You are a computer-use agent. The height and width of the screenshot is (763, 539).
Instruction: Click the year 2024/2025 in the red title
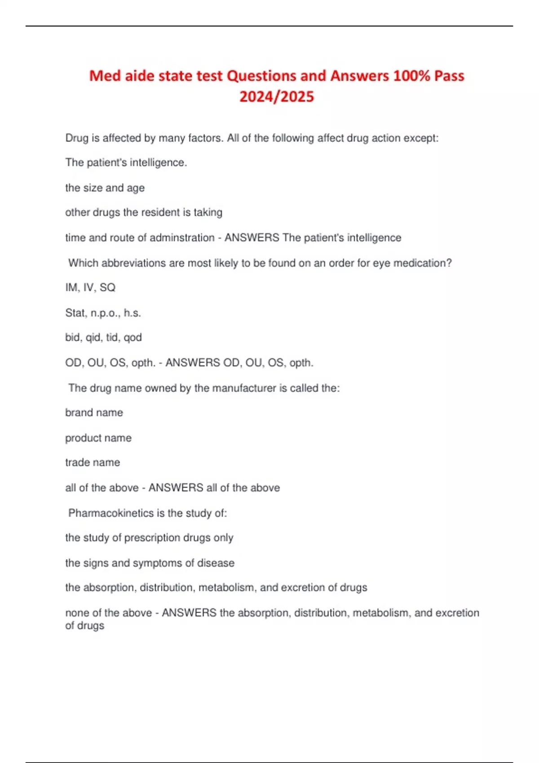point(277,96)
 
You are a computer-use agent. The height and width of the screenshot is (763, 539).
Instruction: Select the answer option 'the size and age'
point(105,188)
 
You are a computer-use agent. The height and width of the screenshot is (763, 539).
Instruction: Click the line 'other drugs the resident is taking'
point(144,212)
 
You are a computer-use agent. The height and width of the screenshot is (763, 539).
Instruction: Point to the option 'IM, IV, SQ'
point(90,287)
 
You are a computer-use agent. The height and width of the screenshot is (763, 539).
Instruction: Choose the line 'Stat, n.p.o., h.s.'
point(103,313)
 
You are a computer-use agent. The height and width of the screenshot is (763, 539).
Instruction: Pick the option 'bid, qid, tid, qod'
point(103,338)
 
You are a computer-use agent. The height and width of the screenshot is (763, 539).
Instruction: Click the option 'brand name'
point(94,412)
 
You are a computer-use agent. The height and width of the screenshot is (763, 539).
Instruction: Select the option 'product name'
point(98,438)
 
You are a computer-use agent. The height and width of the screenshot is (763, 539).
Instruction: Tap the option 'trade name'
point(93,462)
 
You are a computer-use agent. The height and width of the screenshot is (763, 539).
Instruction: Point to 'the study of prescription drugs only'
point(149,538)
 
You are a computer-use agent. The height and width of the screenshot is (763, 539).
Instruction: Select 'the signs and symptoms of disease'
point(150,563)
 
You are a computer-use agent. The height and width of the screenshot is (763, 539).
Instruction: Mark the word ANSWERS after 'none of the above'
point(189,613)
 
